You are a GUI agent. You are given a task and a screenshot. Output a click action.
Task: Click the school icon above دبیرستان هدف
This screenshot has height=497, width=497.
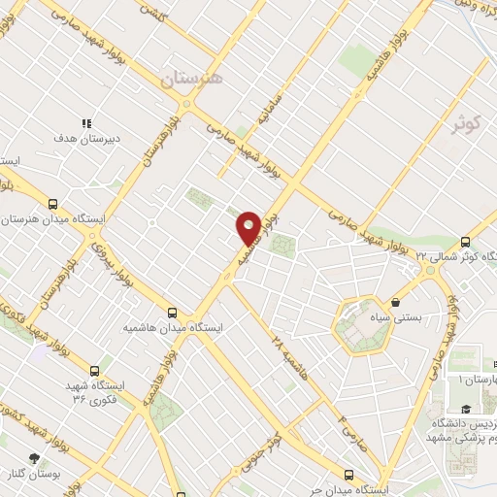(x=87, y=124)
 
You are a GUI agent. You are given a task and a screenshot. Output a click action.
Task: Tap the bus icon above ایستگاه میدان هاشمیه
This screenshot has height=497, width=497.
(x=172, y=313)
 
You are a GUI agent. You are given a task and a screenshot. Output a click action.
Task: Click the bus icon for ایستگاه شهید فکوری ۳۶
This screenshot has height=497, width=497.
(x=94, y=370)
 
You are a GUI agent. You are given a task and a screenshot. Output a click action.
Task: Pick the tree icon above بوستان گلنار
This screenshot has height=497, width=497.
(x=35, y=456)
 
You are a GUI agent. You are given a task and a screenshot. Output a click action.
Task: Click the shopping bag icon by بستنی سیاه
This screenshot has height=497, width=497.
(x=397, y=302)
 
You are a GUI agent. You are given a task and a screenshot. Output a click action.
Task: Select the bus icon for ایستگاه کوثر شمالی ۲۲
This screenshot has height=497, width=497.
(x=465, y=242)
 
